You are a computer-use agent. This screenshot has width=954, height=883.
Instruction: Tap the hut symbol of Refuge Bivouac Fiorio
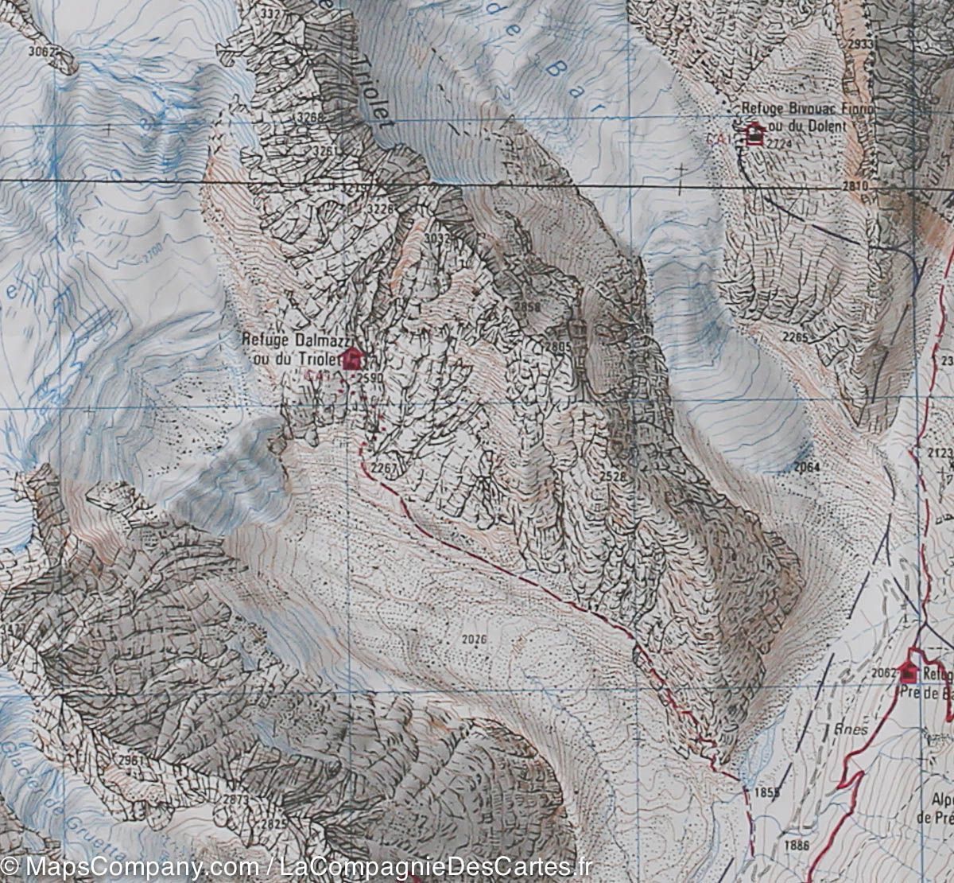[754, 134]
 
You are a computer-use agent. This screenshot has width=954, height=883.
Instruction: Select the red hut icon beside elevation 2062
[909, 673]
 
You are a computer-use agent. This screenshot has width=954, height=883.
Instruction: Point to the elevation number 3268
[310, 118]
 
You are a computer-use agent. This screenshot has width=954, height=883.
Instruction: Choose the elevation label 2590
[370, 378]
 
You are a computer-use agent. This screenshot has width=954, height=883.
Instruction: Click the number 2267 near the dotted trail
[383, 467]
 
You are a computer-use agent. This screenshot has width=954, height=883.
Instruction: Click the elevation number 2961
[129, 760]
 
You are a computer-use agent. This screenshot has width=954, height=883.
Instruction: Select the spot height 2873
[237, 798]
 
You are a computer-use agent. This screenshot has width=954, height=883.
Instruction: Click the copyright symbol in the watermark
[10, 866]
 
